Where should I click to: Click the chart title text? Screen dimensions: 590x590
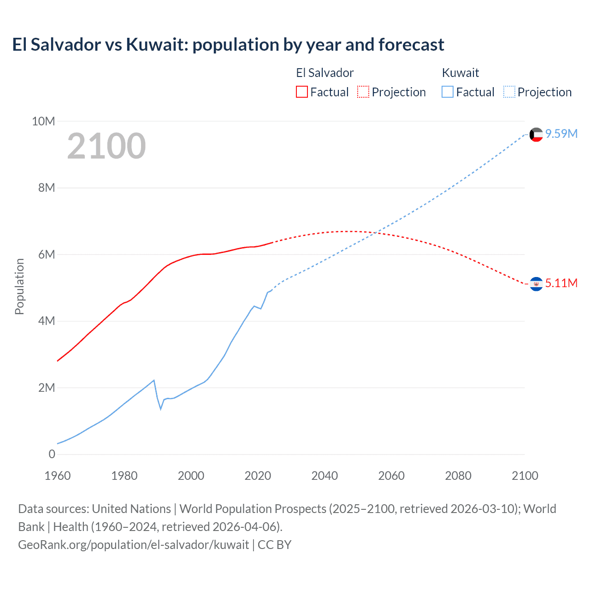[228, 45]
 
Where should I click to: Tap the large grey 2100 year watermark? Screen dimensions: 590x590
[106, 146]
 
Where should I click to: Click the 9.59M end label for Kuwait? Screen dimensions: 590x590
[561, 134]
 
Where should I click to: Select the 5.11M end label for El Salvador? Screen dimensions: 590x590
[561, 283]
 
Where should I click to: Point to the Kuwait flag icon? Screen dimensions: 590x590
[536, 135]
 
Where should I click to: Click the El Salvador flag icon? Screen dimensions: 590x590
[536, 284]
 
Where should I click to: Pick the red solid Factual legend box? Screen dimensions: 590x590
[302, 92]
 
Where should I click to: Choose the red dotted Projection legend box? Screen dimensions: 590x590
[363, 92]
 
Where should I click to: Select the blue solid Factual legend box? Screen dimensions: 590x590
[448, 92]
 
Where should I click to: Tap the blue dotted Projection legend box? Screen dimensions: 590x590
[509, 92]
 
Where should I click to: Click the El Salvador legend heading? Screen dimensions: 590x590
[324, 73]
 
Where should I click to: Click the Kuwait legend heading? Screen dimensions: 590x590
[460, 73]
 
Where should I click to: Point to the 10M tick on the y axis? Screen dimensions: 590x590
[43, 121]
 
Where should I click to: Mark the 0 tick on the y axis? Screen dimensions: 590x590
[52, 454]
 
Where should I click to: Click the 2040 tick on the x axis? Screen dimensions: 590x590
[324, 476]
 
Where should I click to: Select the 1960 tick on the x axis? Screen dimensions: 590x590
[58, 476]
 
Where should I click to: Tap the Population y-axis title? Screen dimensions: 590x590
[19, 286]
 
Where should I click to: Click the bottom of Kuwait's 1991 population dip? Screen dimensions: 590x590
[161, 409]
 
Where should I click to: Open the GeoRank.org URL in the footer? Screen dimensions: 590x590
[133, 545]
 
